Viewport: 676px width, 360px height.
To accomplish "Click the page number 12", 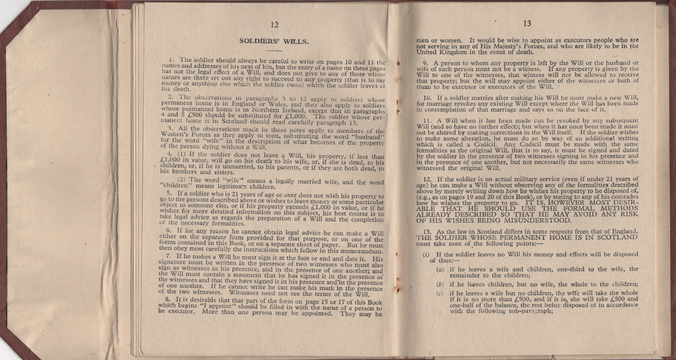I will pos(274,24).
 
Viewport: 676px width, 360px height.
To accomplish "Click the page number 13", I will pos(527,23).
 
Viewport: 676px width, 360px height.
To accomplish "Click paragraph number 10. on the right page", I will pos(426,98).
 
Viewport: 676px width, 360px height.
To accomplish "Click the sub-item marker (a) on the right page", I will pos(440,270).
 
